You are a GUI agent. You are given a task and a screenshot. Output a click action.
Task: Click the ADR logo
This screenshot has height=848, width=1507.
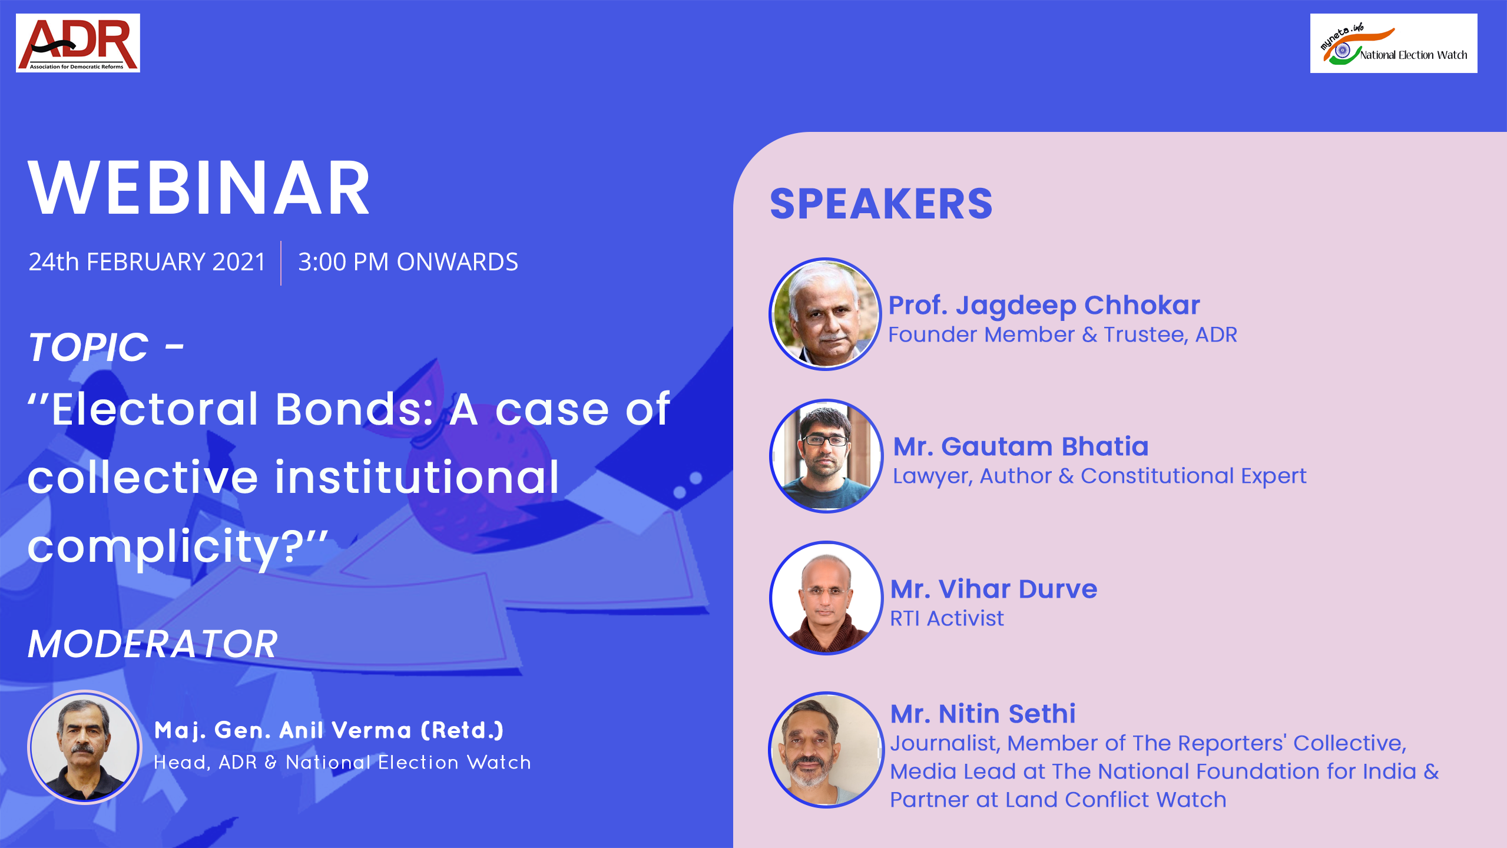78,43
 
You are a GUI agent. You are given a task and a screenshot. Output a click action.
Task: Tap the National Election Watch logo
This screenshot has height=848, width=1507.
1393,44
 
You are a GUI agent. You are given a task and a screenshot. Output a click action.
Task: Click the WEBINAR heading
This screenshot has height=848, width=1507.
199,188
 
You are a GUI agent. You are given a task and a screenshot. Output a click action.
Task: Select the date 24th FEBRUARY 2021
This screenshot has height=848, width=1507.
147,262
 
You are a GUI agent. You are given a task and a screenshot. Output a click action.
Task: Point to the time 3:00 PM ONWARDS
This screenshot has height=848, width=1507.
408,262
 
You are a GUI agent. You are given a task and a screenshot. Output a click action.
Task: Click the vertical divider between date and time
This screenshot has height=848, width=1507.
281,263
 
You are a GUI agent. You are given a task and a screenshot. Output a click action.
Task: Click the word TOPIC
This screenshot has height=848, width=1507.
88,347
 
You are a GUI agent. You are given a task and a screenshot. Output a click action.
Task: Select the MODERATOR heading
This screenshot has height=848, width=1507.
153,644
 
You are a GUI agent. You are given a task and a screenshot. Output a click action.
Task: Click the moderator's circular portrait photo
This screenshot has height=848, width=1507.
85,747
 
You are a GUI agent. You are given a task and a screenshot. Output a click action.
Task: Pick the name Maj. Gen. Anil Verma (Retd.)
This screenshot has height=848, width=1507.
329,730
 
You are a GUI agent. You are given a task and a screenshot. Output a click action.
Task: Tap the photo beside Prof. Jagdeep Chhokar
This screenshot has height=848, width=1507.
825,314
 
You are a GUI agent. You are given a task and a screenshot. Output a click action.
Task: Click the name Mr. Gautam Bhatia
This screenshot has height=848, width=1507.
1021,446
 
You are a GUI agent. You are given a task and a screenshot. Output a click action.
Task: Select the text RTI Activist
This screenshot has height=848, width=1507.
946,618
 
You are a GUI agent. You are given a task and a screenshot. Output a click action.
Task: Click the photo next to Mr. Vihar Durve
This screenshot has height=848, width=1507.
826,597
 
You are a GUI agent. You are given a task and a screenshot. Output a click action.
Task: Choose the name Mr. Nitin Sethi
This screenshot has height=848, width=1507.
982,714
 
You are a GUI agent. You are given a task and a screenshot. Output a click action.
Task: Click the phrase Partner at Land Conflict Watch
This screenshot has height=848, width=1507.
1058,800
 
